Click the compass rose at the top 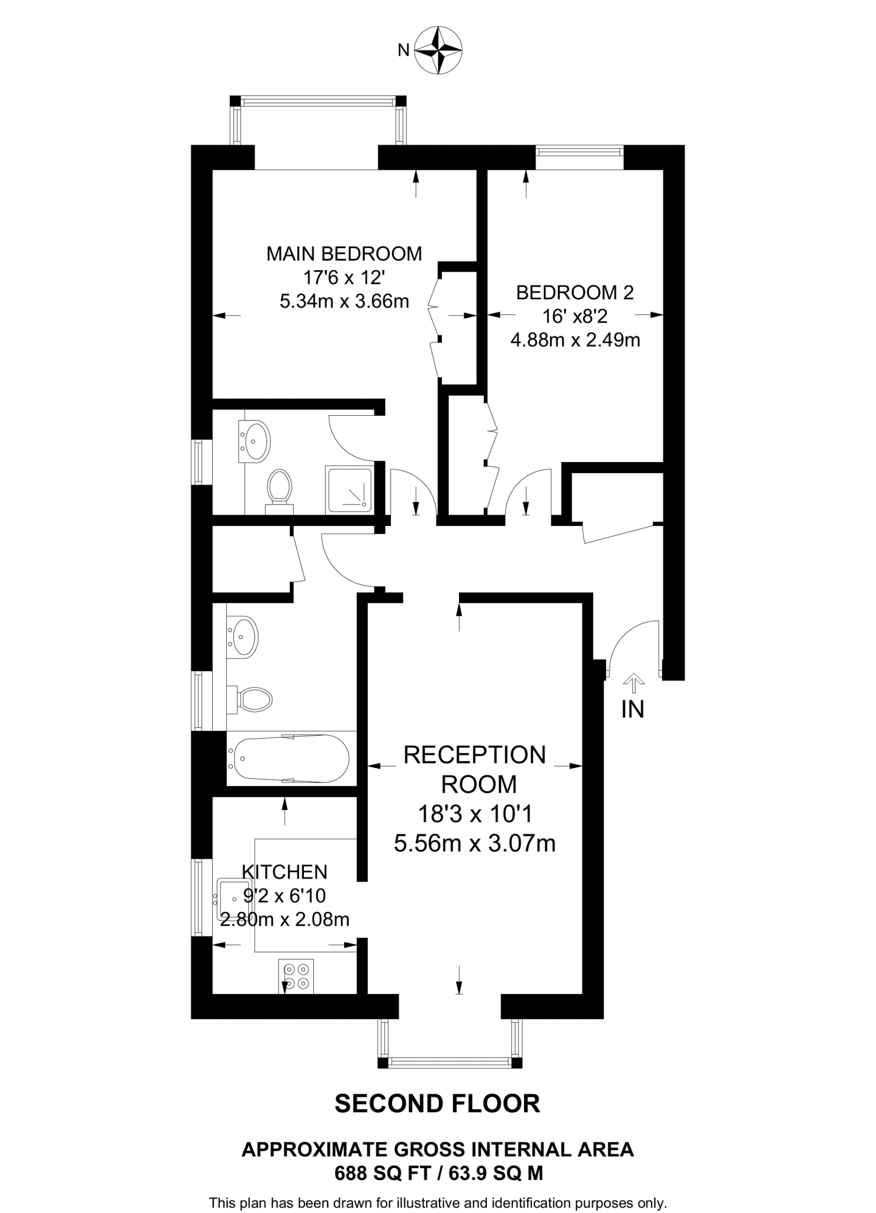coord(438,50)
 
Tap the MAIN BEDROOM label coord(344,253)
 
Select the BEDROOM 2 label coord(575,292)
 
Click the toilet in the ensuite coord(280,489)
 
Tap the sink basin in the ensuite coord(255,441)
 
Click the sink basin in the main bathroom coord(242,636)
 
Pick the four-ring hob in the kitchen coord(296,977)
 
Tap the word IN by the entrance coord(633,709)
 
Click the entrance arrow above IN coord(634,682)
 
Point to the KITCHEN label coord(284,872)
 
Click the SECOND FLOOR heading coord(438,1104)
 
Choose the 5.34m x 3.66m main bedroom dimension coord(344,301)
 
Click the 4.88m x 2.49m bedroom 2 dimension coord(575,341)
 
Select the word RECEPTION coord(474,755)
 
